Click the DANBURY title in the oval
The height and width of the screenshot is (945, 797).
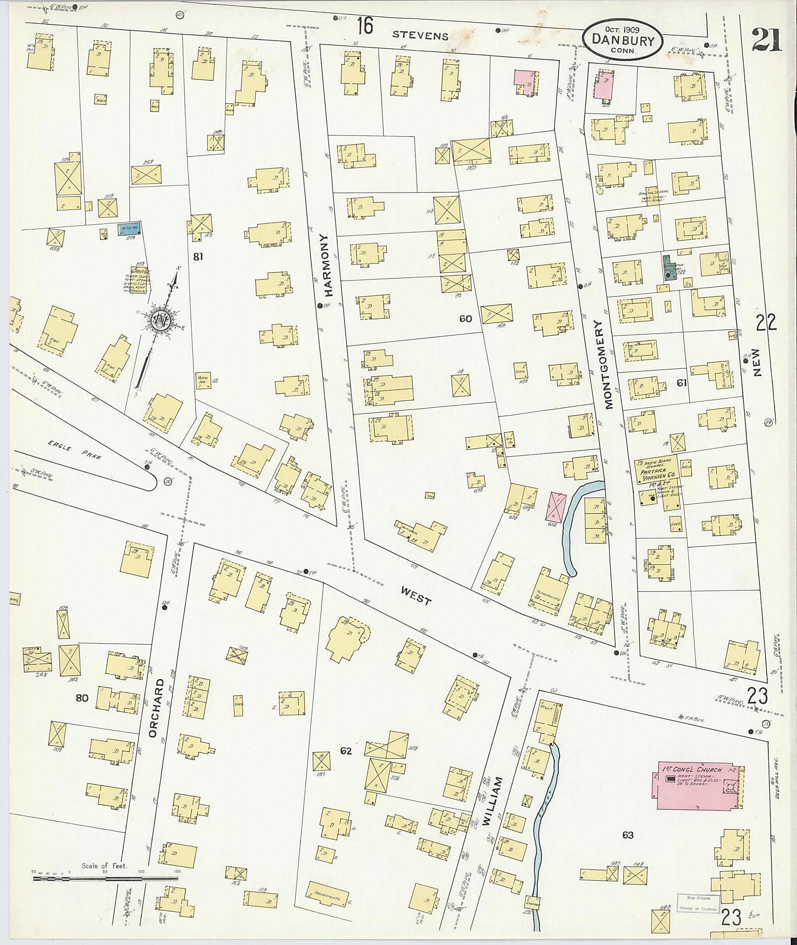point(623,40)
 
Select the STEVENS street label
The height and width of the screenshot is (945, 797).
point(420,35)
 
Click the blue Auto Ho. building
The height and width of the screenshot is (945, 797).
point(129,230)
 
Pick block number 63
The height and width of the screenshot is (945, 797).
point(628,835)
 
